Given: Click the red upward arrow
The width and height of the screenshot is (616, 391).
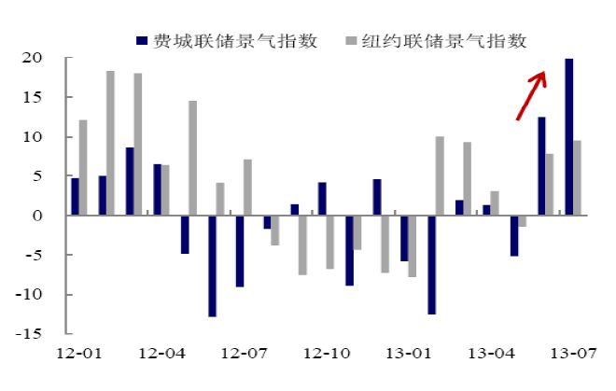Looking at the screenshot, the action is pyautogui.click(x=531, y=95).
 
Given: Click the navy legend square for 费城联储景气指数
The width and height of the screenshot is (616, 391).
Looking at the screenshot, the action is pyautogui.click(x=142, y=40).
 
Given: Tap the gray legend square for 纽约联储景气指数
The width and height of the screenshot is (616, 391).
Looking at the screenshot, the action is pyautogui.click(x=351, y=40).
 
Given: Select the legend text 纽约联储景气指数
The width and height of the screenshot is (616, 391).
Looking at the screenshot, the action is pyautogui.click(x=444, y=41).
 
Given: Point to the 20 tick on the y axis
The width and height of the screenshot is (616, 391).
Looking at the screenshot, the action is pyautogui.click(x=33, y=58).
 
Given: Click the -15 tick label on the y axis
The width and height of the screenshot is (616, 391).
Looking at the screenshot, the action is pyautogui.click(x=28, y=334).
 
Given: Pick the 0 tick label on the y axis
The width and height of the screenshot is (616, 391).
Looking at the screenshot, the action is pyautogui.click(x=37, y=216).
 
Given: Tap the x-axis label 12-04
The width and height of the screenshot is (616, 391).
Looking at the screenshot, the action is pyautogui.click(x=161, y=354).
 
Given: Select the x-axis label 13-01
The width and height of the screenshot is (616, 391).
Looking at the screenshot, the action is pyautogui.click(x=409, y=354).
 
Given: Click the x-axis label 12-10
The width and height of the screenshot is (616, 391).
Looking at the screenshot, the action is pyautogui.click(x=327, y=354).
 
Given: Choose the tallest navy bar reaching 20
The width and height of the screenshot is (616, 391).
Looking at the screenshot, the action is pyautogui.click(x=568, y=137).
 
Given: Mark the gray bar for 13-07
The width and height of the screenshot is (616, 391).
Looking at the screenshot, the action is pyautogui.click(x=577, y=177).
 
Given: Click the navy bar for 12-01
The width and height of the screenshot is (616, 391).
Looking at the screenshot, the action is pyautogui.click(x=75, y=197).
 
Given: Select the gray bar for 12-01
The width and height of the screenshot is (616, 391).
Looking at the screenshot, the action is pyautogui.click(x=83, y=167).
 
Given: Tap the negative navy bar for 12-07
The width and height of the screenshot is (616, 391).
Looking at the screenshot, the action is pyautogui.click(x=240, y=251).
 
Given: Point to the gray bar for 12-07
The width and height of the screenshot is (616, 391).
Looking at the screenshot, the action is pyautogui.click(x=248, y=187).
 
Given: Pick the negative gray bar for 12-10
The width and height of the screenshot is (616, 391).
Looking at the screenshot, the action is pyautogui.click(x=330, y=242).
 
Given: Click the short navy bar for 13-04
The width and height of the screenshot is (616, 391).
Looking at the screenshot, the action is pyautogui.click(x=487, y=210).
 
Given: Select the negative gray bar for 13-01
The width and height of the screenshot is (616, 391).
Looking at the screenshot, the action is pyautogui.click(x=413, y=246).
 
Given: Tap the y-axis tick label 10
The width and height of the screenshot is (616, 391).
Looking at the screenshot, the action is pyautogui.click(x=33, y=137).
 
